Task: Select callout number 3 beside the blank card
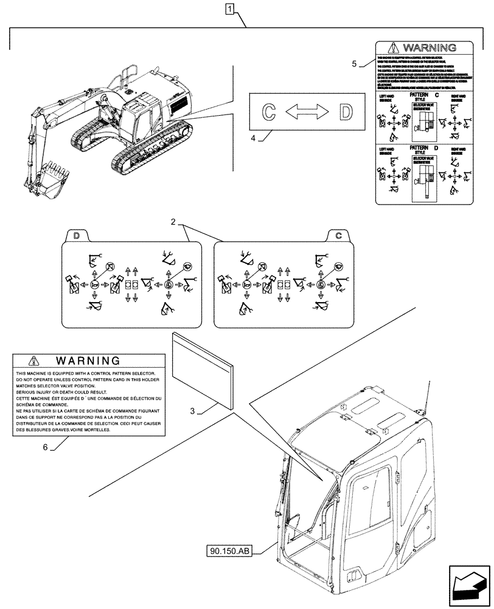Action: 192,412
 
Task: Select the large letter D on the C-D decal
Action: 345,112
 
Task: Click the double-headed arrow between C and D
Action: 307,112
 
